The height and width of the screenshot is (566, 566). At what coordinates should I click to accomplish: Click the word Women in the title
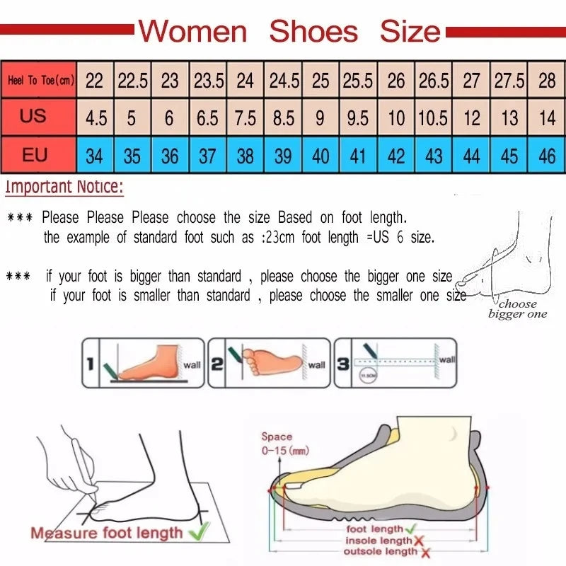point(192,31)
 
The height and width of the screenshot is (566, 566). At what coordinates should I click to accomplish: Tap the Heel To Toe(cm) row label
point(41,81)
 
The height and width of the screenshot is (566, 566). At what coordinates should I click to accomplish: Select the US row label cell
point(33,115)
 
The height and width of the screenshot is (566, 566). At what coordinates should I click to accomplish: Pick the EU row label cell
point(34,154)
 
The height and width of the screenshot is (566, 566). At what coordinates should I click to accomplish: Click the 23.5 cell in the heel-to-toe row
point(208,81)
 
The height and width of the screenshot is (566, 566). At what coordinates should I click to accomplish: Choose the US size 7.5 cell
point(245,117)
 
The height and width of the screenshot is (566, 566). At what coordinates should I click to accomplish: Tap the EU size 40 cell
point(320,155)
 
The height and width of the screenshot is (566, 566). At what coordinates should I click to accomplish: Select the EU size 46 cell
point(547,155)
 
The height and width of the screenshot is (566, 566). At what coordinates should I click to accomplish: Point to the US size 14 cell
point(547,117)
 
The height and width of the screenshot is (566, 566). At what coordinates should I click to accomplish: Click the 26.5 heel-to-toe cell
point(434,81)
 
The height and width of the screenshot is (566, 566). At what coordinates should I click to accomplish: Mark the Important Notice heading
point(64,187)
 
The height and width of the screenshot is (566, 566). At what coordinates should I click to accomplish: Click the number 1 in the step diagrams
point(90,364)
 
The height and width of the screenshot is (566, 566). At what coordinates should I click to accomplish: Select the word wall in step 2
point(316,365)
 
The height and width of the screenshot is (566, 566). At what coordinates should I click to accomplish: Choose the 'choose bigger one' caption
point(518,309)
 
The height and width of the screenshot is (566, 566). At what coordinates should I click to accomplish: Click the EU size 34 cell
point(94,155)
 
